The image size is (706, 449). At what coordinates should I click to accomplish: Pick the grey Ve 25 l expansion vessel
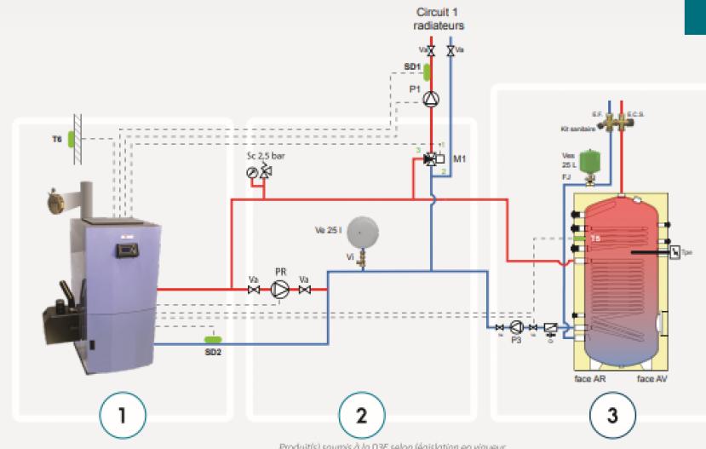click(363, 230)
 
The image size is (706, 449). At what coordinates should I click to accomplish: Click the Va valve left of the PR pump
click(254, 291)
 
